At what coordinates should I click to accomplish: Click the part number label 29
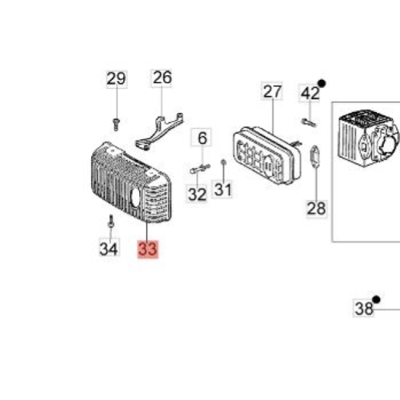(117, 79)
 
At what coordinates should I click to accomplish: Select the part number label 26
(162, 78)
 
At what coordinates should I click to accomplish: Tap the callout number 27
(272, 91)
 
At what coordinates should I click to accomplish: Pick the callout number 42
(310, 94)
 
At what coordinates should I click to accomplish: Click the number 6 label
(202, 138)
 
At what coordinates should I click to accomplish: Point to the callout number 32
(197, 194)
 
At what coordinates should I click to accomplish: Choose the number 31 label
(222, 190)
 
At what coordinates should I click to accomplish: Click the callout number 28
(317, 209)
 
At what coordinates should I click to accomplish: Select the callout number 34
(109, 249)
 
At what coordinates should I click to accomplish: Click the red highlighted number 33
(148, 250)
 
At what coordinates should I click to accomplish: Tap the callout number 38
(363, 308)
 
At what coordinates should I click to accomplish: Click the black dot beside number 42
(322, 84)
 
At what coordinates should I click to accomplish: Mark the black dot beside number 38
(376, 300)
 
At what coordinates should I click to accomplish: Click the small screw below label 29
(116, 124)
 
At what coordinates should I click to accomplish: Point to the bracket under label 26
(160, 130)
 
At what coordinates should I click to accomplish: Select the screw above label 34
(111, 222)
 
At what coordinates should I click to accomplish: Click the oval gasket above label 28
(315, 156)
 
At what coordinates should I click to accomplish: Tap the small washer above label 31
(224, 162)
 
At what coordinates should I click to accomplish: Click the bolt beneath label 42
(309, 122)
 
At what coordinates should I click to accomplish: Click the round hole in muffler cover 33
(137, 196)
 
